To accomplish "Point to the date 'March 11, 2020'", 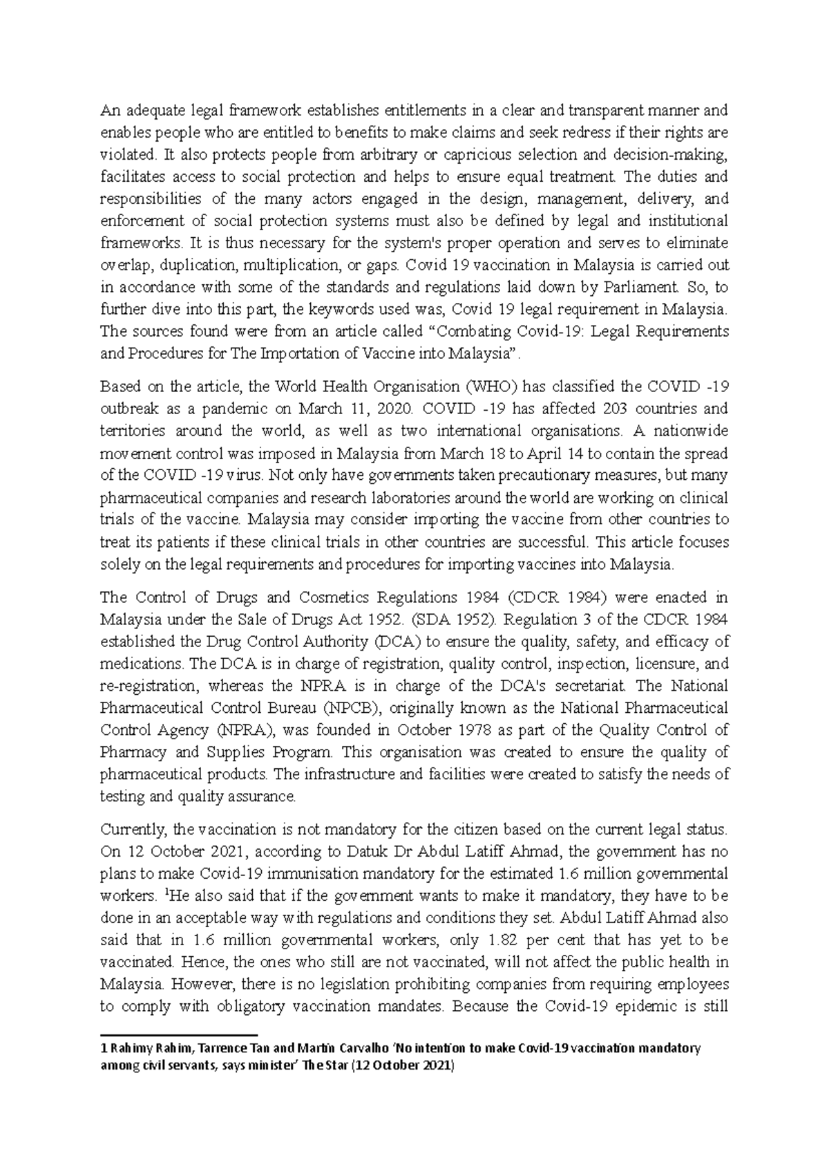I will [x=328, y=408].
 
